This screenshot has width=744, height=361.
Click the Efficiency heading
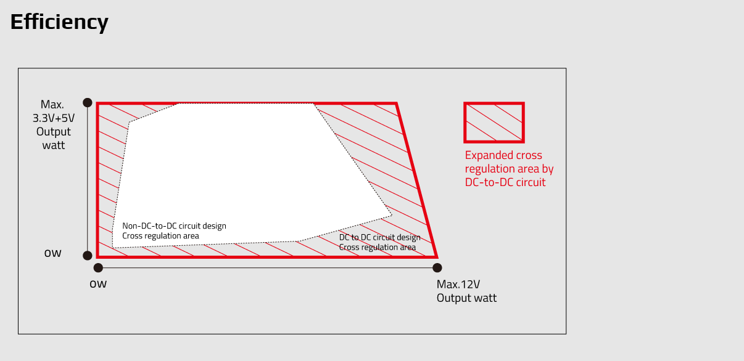coord(59,22)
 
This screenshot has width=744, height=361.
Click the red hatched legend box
coord(494,123)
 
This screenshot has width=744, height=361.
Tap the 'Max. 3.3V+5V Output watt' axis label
coord(54,124)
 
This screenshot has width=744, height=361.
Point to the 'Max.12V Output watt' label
coord(466,291)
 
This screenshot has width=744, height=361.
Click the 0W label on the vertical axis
coord(53,253)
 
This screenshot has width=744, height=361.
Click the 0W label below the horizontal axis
coord(98,284)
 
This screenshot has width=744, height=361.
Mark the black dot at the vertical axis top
coord(88,102)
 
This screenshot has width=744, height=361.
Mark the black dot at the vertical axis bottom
coord(88,255)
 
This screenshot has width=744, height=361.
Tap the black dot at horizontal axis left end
coord(98,267)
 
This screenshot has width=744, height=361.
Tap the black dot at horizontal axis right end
coord(437,267)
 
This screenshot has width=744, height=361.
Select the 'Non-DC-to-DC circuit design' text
coord(174,226)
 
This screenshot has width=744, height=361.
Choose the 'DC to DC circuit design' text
coord(379,238)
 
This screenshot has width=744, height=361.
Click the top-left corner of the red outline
coord(98,103)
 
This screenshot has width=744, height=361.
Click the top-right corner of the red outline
coord(396,103)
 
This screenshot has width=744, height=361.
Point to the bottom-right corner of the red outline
coord(436,256)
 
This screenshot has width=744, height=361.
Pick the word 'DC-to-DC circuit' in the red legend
coord(505,182)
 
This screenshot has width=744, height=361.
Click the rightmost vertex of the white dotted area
coord(392,216)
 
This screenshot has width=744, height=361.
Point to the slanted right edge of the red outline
coord(416,180)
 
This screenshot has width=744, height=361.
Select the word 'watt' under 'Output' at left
coord(54,145)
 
